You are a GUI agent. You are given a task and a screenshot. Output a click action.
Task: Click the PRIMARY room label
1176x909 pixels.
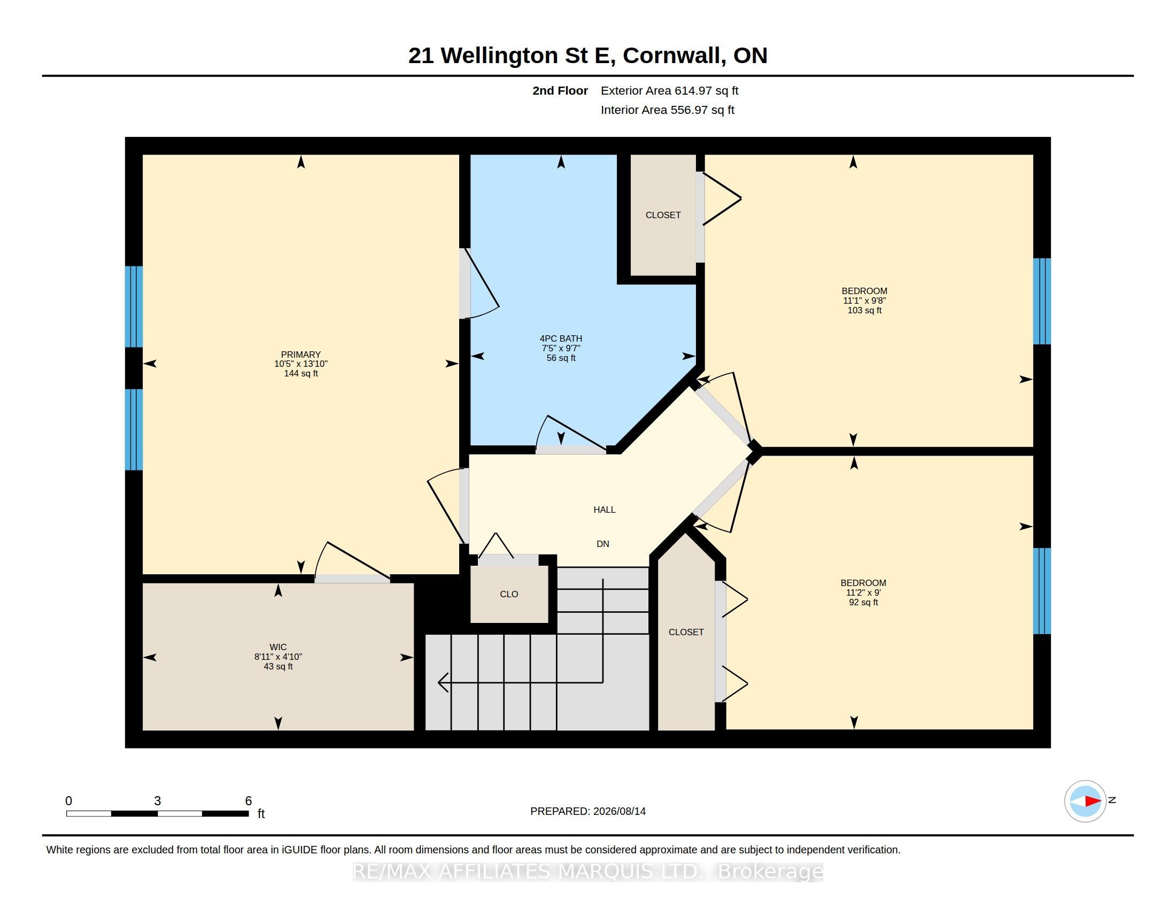300,355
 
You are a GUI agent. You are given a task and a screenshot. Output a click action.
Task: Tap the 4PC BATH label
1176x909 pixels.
561,338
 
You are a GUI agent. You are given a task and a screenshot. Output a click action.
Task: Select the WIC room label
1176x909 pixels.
278,648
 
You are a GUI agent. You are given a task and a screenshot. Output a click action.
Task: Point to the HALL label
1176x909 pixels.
604,510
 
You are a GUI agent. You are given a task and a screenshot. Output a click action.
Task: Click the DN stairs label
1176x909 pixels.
602,544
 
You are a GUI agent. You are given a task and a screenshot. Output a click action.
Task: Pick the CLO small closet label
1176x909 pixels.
509,594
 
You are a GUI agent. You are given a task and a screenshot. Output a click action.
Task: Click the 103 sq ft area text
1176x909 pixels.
864,310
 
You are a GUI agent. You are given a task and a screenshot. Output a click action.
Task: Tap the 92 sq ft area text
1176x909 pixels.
863,602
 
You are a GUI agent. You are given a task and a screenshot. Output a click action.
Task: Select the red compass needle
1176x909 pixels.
1093,802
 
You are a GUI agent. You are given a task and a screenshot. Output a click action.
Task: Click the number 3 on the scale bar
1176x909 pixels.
157,801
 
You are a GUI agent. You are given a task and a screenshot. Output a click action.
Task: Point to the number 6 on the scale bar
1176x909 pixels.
248,801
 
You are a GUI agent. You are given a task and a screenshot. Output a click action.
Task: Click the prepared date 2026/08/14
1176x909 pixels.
619,811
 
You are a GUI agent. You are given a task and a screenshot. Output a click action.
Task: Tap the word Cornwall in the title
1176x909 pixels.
671,56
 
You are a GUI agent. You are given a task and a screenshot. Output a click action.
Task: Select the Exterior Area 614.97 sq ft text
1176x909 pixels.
669,90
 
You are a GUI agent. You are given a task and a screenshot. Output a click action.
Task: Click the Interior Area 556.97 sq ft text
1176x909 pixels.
667,110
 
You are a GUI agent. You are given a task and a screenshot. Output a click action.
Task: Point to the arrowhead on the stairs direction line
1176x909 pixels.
443,682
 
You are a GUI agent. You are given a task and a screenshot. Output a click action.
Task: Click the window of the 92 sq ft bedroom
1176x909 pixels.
1042,591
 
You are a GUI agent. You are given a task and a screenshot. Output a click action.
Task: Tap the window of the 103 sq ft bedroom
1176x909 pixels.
1042,301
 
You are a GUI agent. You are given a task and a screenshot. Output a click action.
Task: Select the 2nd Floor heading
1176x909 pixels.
560,90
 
